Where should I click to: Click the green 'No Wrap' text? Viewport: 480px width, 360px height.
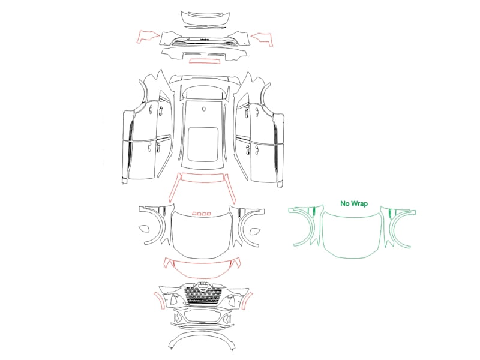point(354,203)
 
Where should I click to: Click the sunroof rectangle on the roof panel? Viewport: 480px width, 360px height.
point(203,144)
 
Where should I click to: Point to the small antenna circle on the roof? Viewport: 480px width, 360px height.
point(204,109)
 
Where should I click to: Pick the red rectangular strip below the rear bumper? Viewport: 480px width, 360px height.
point(205,61)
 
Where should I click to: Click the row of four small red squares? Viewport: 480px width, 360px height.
point(202,214)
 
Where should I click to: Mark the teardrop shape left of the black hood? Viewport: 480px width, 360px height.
point(144,229)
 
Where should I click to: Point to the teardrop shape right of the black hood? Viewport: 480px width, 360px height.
point(254,231)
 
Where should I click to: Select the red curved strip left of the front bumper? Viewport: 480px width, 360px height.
point(159,300)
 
